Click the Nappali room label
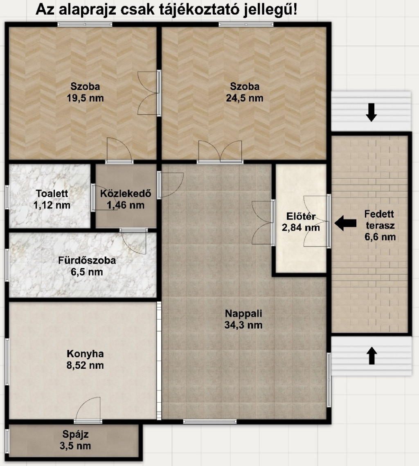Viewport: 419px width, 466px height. pos(243,314)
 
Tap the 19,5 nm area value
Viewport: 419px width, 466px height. pos(85,98)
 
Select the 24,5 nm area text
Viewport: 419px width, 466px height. pos(245,98)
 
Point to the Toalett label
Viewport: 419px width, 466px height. pos(52,193)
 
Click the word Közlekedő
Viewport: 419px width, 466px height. pos(126,193)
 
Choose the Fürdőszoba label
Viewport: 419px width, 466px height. pos(87,260)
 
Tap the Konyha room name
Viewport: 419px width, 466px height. pos(85,354)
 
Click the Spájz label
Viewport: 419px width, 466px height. pos(75,435)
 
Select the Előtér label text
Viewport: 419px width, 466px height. pos(301,216)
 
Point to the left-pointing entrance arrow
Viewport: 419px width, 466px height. pos(345,223)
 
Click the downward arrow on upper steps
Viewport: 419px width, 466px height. pos(371,112)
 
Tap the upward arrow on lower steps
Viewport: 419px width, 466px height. pos(372,356)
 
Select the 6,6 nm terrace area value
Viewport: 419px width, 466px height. pos(380,237)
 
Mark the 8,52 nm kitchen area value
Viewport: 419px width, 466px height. pos(85,365)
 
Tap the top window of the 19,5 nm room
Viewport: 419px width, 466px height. pos(85,25)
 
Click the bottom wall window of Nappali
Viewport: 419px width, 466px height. pos(210,421)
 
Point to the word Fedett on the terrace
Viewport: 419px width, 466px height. pos(379,214)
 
